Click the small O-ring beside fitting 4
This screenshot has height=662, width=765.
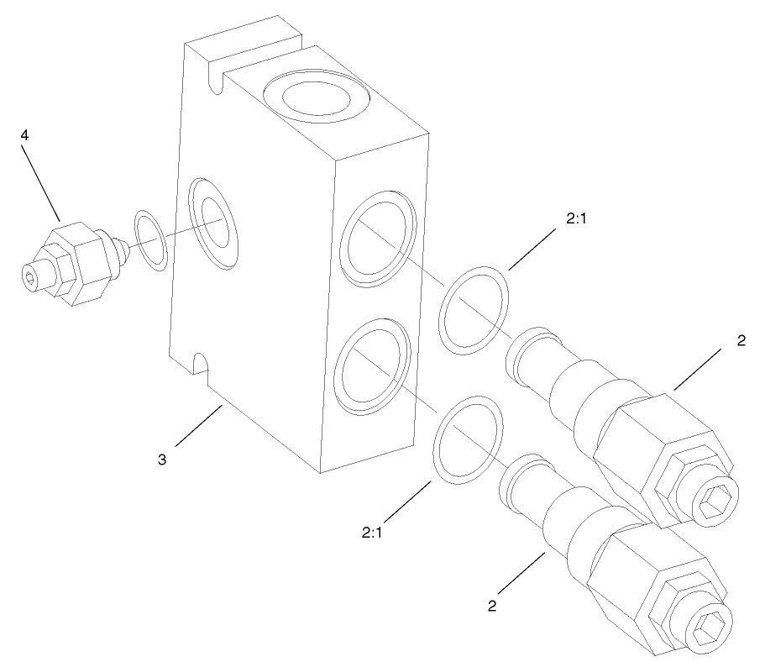pos(152,242)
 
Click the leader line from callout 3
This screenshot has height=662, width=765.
pos(198,427)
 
